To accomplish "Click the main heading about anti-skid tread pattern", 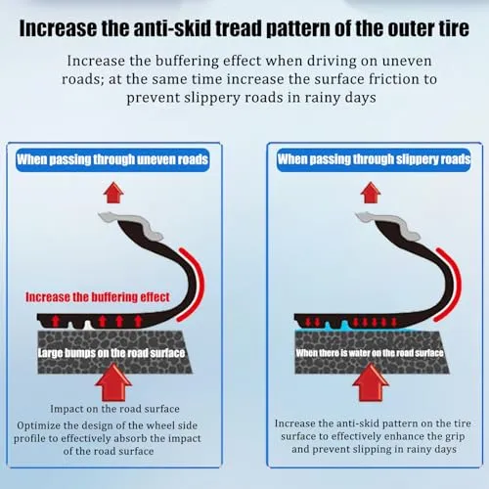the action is (x=244, y=28).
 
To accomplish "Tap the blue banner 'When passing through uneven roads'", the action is (x=112, y=159).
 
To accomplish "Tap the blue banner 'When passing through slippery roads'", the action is (x=374, y=159).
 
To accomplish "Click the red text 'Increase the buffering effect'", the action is (x=98, y=297).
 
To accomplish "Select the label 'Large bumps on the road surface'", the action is (x=111, y=353).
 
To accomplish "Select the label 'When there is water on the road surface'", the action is (x=370, y=353).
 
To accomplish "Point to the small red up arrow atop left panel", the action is (x=113, y=193).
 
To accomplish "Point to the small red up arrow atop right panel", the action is (x=371, y=193).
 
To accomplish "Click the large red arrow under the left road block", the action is (x=113, y=382).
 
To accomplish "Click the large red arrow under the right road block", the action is (x=371, y=382).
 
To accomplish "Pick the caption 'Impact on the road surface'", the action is (x=114, y=409).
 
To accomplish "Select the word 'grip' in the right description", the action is (x=454, y=437).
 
